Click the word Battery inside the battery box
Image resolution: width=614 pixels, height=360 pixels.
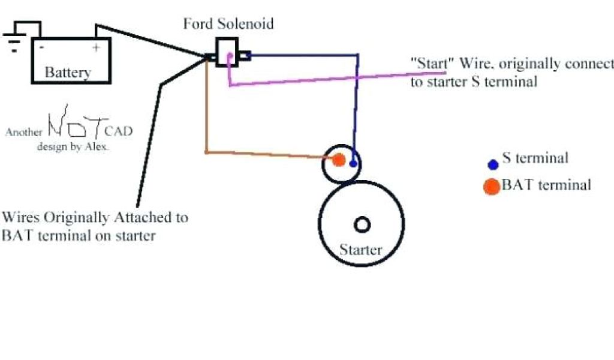tap(68, 73)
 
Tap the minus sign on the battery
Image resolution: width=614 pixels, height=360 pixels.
tap(41, 46)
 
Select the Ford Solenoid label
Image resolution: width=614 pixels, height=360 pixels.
tap(228, 24)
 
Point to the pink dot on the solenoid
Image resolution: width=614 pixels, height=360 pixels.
tap(229, 56)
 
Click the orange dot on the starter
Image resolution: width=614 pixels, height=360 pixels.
tap(338, 160)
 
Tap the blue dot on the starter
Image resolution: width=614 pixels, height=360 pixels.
tap(354, 163)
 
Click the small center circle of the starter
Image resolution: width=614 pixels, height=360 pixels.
tap(362, 224)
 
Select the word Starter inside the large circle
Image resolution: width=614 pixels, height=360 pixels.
tap(361, 249)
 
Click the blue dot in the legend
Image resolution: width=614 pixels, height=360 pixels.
tap(493, 164)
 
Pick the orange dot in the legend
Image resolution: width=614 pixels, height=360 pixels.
tap(492, 187)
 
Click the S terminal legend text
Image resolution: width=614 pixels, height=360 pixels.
tap(535, 158)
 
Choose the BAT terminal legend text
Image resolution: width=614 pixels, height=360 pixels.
tap(546, 185)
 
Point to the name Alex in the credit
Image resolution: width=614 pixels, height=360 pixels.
tap(98, 146)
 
